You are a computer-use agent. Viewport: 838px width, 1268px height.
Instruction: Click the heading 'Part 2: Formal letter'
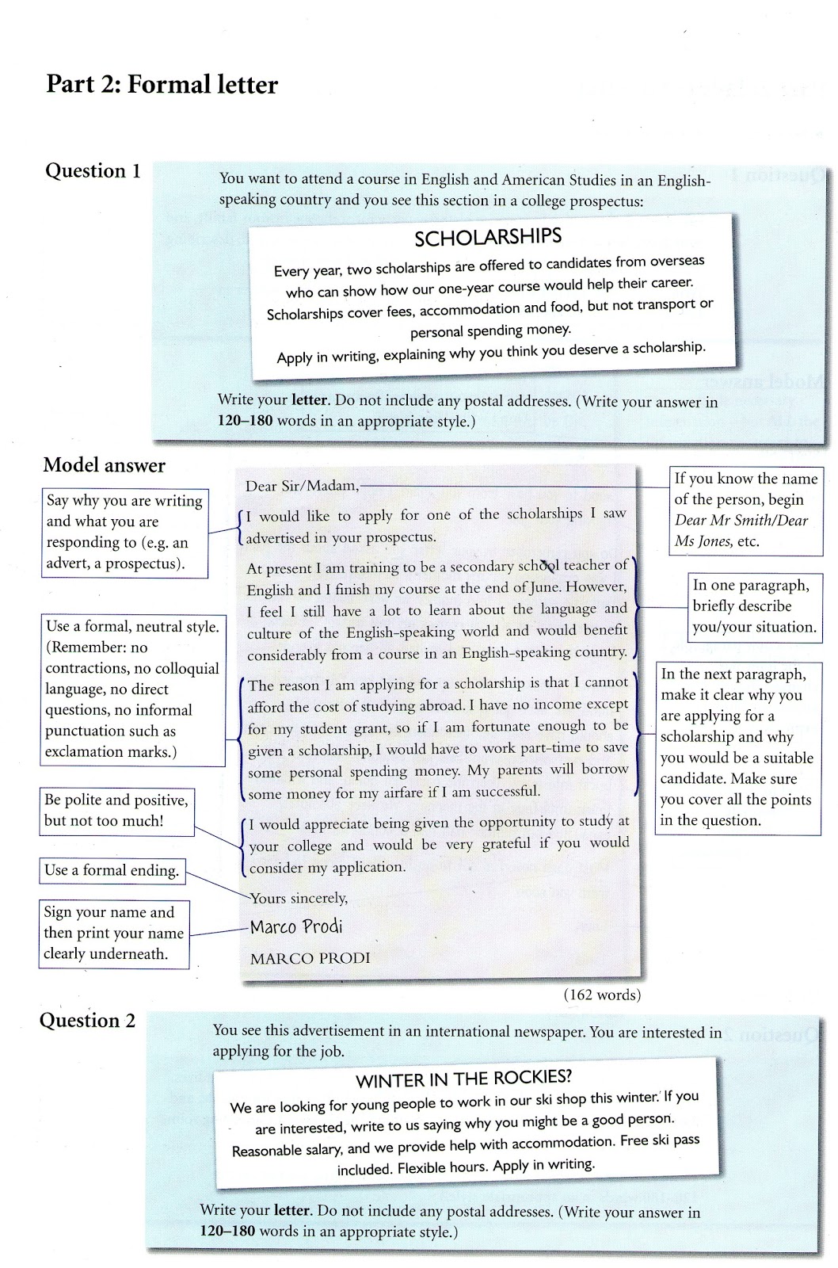[162, 84]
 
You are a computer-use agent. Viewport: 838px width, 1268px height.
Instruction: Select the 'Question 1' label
[93, 170]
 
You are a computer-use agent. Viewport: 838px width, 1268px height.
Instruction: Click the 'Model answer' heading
[104, 465]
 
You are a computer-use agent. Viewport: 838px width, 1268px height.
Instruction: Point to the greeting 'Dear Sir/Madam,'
[302, 486]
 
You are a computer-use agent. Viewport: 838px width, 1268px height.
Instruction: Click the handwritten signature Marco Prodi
[296, 926]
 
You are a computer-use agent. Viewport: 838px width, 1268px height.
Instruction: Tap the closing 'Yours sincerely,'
[299, 898]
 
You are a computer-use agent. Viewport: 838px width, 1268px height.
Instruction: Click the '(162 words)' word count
[602, 995]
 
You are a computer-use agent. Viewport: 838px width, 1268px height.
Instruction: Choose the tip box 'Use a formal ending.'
[112, 870]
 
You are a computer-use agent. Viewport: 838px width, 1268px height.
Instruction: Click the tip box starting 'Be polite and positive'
[116, 811]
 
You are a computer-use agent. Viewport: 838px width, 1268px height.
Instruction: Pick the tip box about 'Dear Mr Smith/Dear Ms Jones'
[745, 510]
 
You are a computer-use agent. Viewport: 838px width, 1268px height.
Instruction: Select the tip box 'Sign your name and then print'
[113, 933]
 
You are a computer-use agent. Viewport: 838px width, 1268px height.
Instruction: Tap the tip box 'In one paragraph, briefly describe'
[753, 606]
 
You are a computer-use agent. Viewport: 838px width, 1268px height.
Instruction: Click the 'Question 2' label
[87, 1020]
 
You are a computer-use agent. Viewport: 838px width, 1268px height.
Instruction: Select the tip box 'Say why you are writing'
[124, 532]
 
